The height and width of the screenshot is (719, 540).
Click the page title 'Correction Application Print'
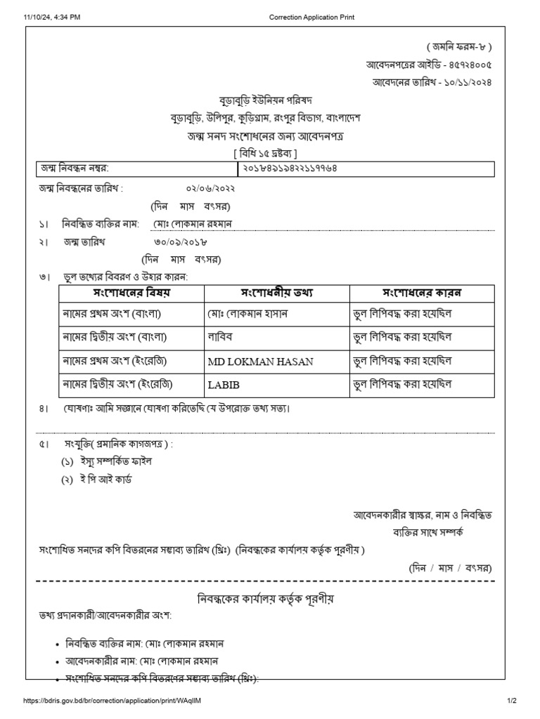pyautogui.click(x=316, y=18)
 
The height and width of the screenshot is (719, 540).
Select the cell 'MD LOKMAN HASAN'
pyautogui.click(x=260, y=362)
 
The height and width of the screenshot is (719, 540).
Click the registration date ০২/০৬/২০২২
pyautogui.click(x=210, y=189)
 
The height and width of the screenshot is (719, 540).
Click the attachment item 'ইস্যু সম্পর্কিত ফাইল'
pyautogui.click(x=106, y=461)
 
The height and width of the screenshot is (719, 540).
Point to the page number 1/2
pyautogui.click(x=511, y=701)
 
